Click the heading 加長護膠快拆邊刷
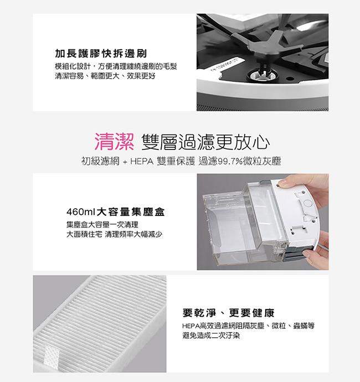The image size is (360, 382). coord(101,54)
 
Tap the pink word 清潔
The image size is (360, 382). coord(114,142)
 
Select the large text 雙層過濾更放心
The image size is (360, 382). coord(205,142)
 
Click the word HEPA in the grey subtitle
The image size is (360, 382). coord(142,161)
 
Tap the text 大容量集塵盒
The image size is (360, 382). coord(131,212)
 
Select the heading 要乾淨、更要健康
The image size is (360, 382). coord(228,313)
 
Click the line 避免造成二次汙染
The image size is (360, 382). coord(211,335)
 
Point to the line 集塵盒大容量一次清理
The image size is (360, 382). coord(102,225)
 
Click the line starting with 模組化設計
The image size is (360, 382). coord(116,66)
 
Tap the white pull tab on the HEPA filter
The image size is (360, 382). coord(52,355)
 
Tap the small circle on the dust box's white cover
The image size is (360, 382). coord(307,203)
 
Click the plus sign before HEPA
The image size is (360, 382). coord(125,162)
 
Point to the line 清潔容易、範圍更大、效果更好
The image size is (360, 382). coord(105,76)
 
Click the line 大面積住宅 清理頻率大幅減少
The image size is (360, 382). coord(114,234)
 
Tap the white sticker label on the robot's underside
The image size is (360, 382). coord(225,64)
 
